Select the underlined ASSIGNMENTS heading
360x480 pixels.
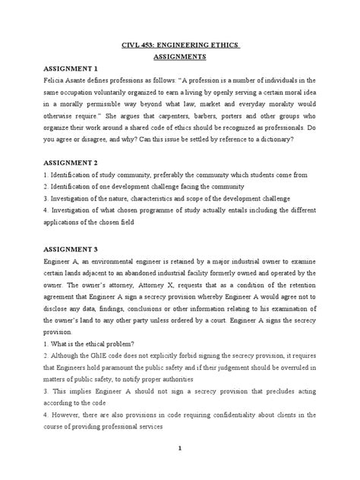[179, 56]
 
